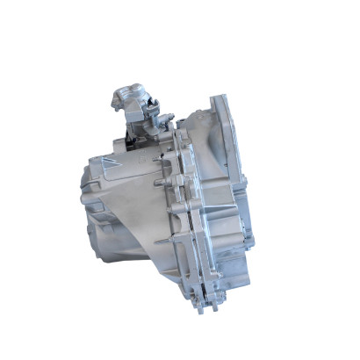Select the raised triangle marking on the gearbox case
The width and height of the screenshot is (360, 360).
105,163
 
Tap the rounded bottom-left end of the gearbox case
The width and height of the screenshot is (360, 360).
91,237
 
